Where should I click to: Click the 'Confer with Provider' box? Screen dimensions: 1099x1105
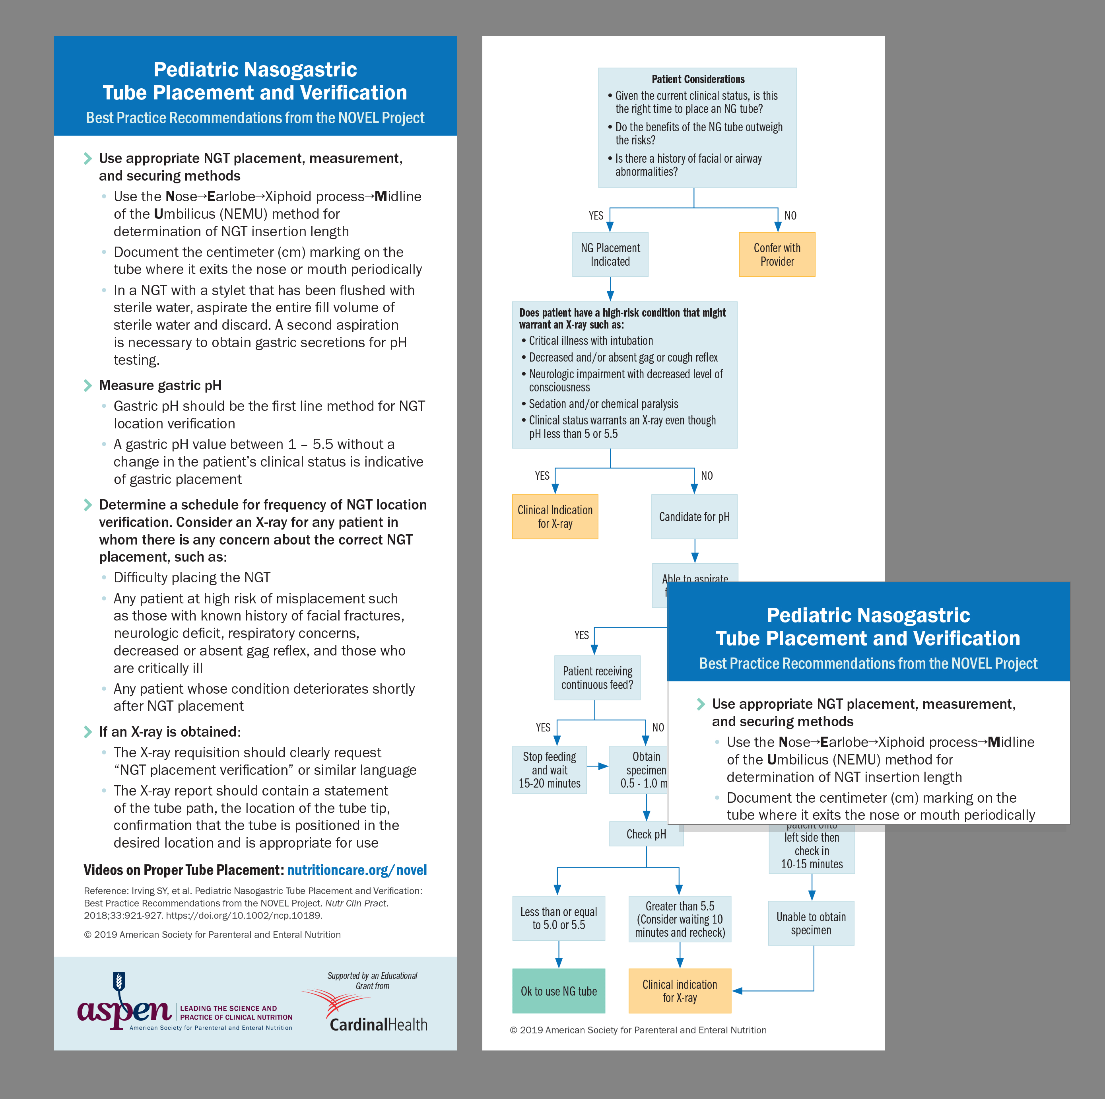[x=777, y=255]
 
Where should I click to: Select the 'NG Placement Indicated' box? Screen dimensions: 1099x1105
[x=610, y=255]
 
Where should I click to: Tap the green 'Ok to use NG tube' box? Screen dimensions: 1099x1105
[x=558, y=991]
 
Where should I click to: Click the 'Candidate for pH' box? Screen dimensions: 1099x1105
[x=694, y=517]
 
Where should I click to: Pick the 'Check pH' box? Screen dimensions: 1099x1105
[x=646, y=834]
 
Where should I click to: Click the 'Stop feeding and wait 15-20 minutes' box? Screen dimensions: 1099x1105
[x=549, y=770]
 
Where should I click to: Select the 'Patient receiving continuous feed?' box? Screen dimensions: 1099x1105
[x=597, y=678]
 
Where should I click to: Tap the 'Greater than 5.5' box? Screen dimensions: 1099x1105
[x=680, y=919]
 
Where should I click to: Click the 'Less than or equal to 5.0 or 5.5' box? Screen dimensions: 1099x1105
[x=558, y=918]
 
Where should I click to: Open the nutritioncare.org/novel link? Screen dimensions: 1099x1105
[x=357, y=870]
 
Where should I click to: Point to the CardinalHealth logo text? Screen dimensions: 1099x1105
[x=379, y=1025]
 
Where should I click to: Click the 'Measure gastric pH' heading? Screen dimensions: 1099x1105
[x=160, y=385]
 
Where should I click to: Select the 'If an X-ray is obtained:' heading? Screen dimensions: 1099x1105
[x=170, y=732]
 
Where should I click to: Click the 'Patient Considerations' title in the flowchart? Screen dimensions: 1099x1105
[x=698, y=79]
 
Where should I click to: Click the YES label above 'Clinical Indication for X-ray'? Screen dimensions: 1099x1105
[x=542, y=475]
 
